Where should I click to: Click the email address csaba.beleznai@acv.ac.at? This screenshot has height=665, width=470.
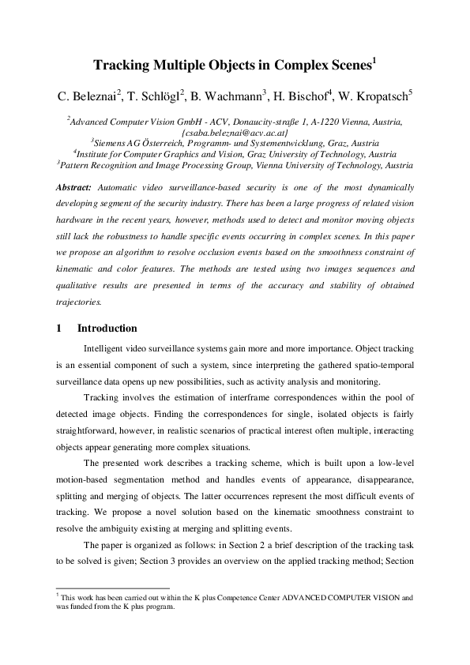[235, 133]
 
